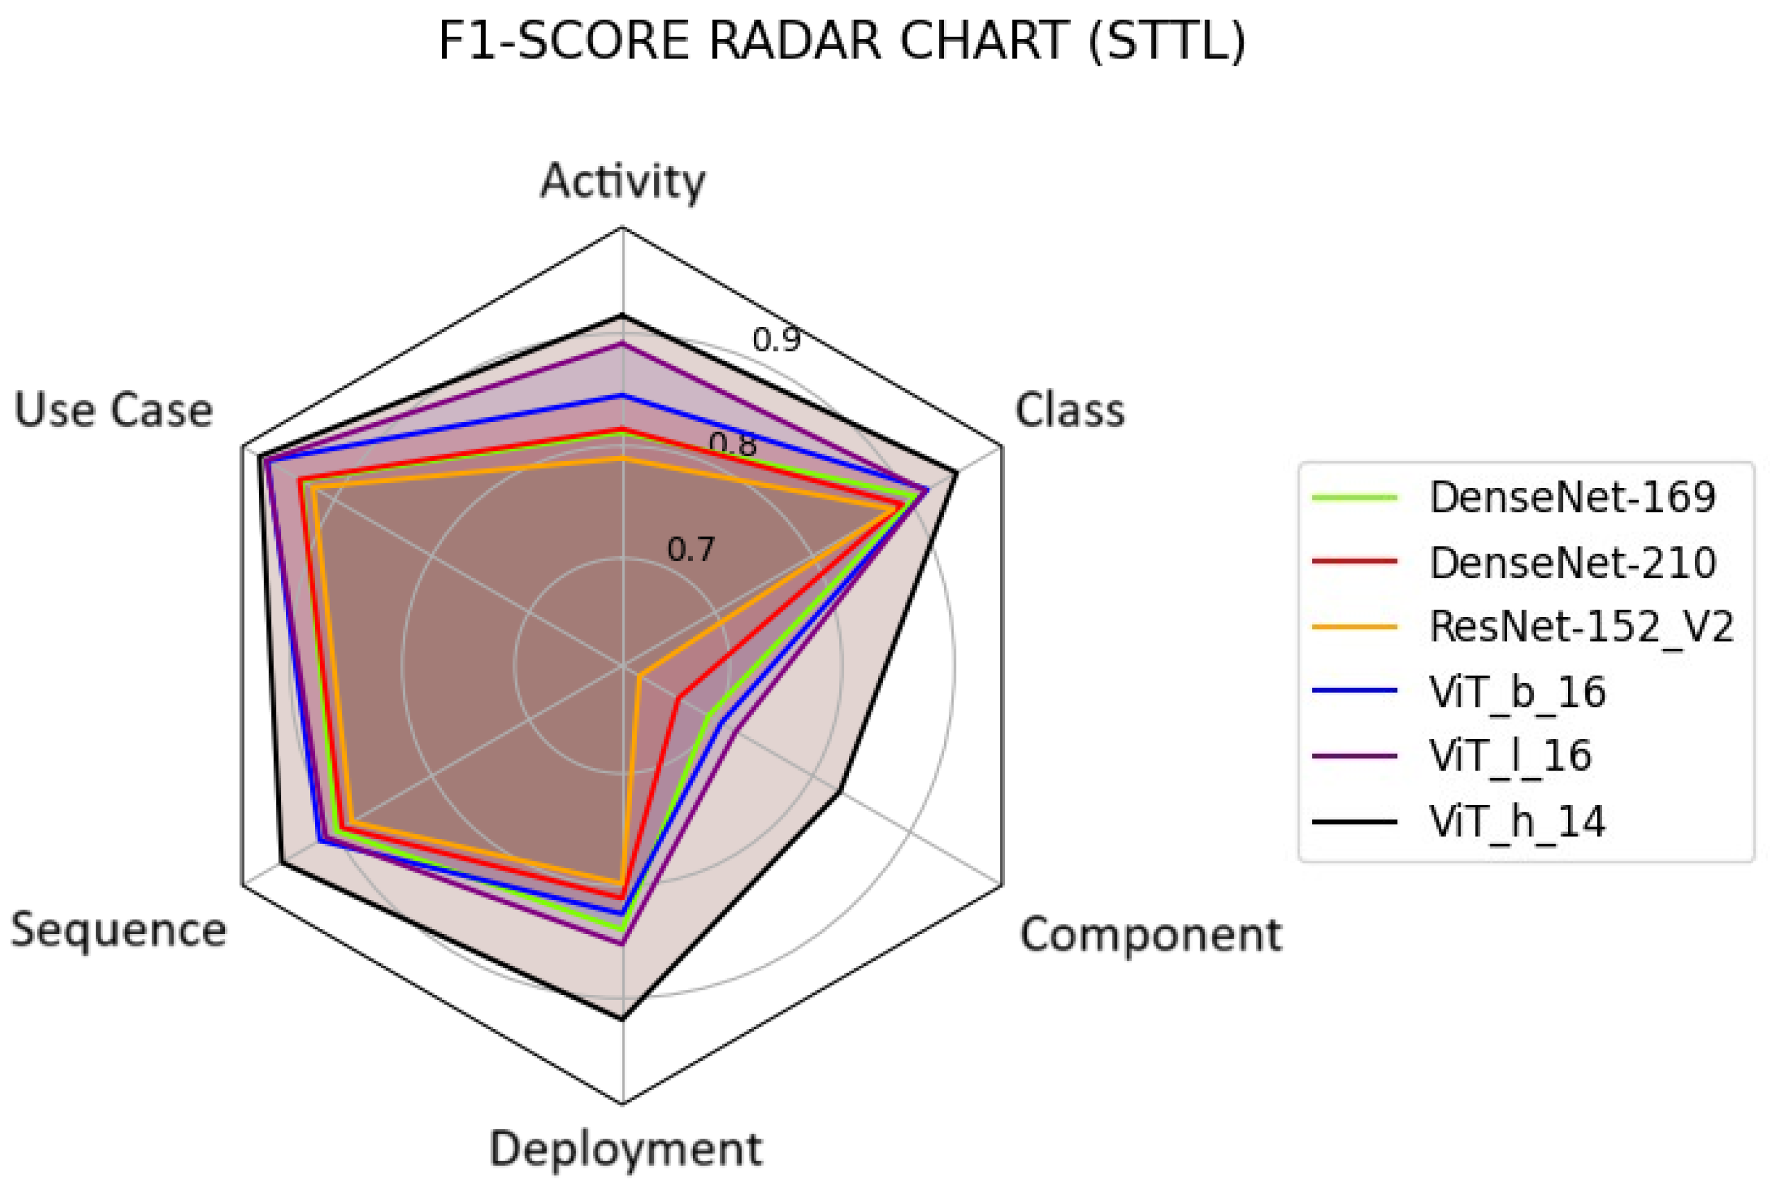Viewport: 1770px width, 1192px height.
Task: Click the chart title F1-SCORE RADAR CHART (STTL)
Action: coord(841,42)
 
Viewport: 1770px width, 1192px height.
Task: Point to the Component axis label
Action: coord(1150,934)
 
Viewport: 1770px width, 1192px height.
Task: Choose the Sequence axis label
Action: coord(119,930)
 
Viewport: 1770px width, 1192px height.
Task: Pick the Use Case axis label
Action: coord(113,411)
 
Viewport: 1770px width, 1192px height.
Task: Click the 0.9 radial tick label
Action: coord(776,339)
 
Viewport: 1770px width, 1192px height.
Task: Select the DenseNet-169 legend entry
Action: coord(1572,498)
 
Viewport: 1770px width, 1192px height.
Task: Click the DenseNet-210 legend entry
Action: coord(1572,562)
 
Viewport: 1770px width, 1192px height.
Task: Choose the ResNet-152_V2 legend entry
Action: coord(1582,627)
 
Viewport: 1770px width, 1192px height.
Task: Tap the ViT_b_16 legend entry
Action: coord(1517,692)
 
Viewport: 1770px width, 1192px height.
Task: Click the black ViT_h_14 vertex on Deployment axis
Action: coord(623,1018)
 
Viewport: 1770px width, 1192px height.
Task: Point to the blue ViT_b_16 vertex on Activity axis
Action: coord(623,395)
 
